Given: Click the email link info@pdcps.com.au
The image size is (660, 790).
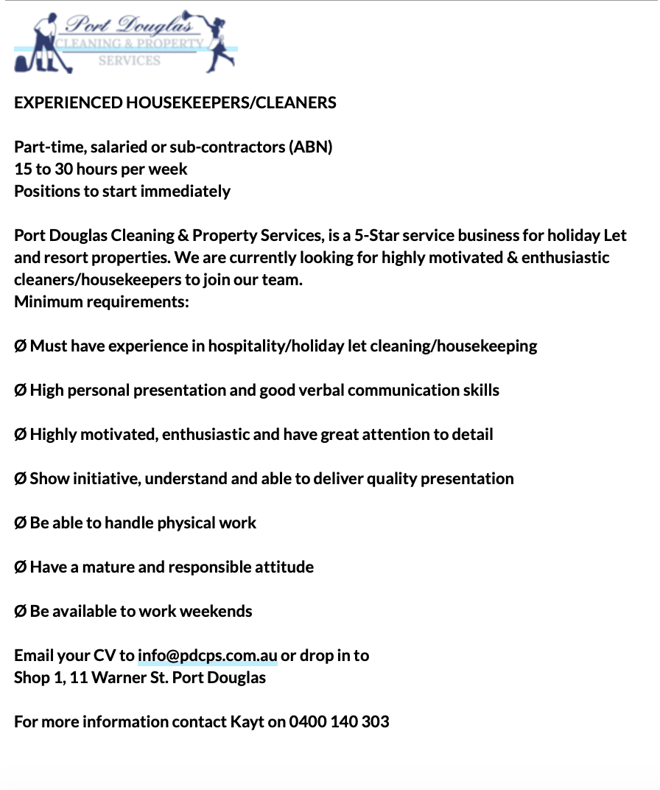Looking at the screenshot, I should (x=207, y=655).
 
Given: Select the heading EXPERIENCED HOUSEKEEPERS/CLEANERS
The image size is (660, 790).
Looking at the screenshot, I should (x=175, y=102).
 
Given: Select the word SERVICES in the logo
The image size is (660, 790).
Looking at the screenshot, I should (x=129, y=61).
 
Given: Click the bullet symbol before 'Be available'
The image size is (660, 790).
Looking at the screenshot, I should (x=21, y=611).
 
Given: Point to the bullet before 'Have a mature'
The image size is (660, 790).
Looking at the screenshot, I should (x=21, y=567).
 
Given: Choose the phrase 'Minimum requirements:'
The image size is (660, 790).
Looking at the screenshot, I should (x=102, y=301).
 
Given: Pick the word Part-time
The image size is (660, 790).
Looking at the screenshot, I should (x=48, y=147).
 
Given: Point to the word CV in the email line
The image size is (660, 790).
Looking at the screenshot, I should (x=104, y=655).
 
